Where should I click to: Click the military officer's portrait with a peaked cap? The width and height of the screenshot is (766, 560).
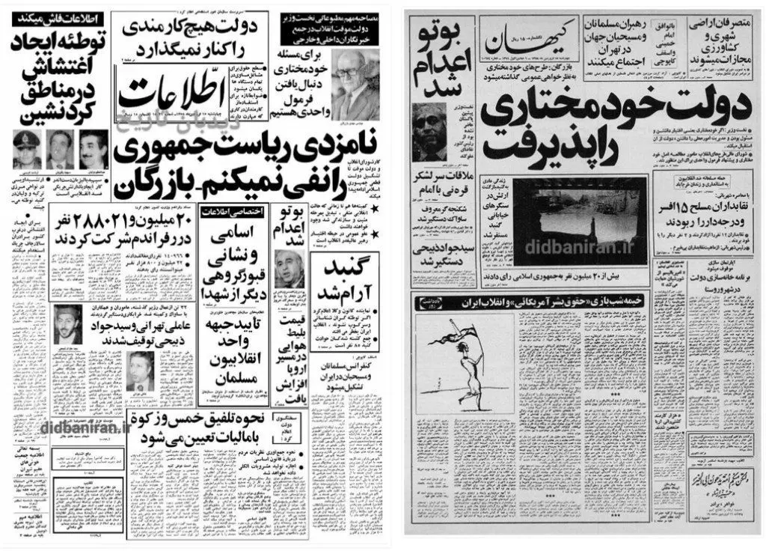click(x=27, y=149)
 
